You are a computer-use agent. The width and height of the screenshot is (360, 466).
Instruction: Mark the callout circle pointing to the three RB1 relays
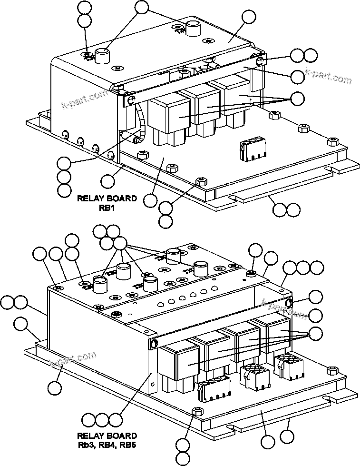pos(298,99)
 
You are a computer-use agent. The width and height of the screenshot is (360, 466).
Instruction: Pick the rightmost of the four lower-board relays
pos(275,332)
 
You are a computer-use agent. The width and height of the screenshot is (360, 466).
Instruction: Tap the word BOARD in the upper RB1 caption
pos(121,198)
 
